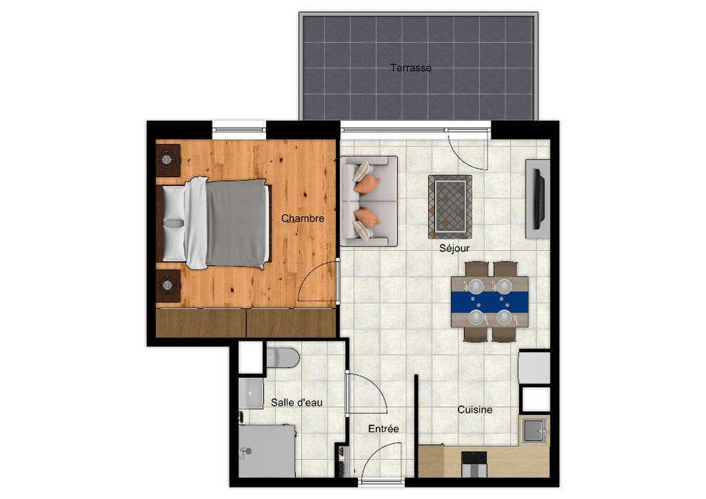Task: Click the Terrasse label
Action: tap(411, 68)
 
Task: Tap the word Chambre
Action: tap(302, 218)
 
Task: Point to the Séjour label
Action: tap(454, 248)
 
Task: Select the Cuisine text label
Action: tap(474, 409)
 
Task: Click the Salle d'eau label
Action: tap(296, 402)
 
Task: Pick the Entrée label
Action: tap(383, 428)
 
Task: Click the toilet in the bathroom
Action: tap(283, 358)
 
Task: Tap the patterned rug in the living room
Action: tap(450, 207)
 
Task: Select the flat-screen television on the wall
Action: tap(539, 198)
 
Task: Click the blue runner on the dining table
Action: tap(489, 302)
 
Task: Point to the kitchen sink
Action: tap(534, 429)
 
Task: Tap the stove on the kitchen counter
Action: tap(474, 464)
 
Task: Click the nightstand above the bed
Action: tap(168, 160)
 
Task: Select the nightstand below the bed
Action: tap(168, 285)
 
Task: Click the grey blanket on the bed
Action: tap(237, 223)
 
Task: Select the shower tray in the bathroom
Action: tap(267, 451)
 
